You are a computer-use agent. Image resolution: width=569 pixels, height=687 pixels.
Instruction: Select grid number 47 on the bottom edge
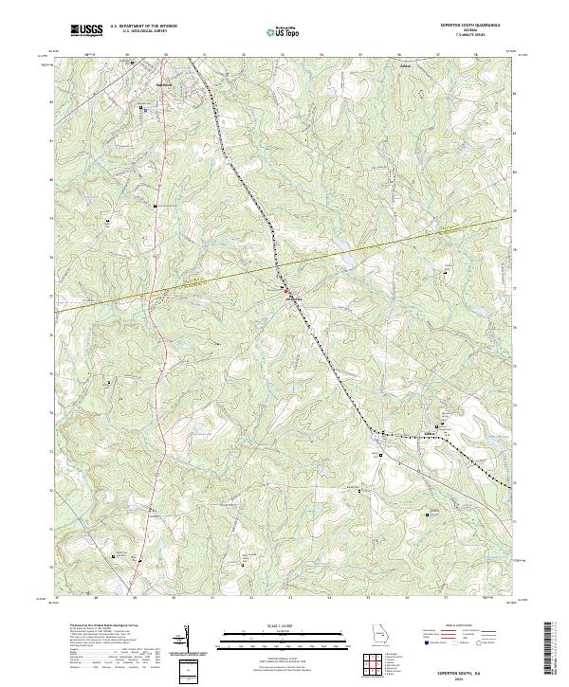[x=58, y=598]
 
